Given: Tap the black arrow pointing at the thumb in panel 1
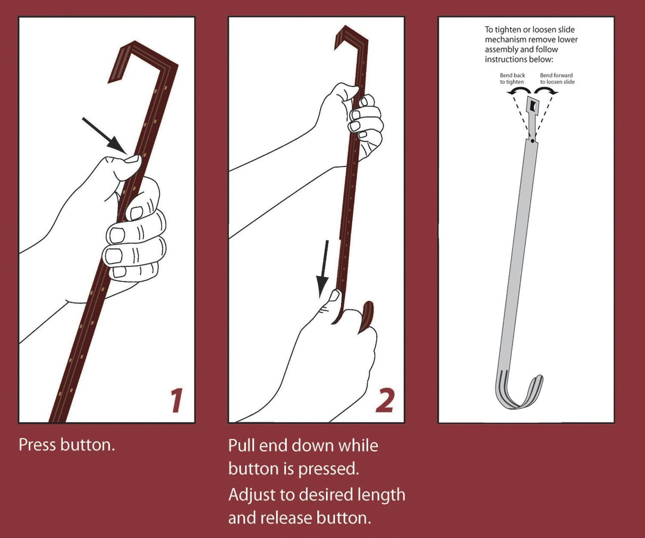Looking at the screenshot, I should pyautogui.click(x=104, y=134).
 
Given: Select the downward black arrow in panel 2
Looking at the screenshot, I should pyautogui.click(x=324, y=268).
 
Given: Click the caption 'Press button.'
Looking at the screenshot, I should pyautogui.click(x=66, y=444).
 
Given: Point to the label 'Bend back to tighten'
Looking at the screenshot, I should pyautogui.click(x=512, y=79).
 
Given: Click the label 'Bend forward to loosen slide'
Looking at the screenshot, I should pyautogui.click(x=557, y=79).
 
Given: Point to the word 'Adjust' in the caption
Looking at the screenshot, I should pyautogui.click(x=252, y=495).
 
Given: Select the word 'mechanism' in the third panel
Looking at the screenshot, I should pyautogui.click(x=505, y=39).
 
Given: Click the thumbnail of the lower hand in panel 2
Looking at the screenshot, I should pyautogui.click(x=335, y=295).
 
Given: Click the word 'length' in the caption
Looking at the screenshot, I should pyautogui.click(x=381, y=495).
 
